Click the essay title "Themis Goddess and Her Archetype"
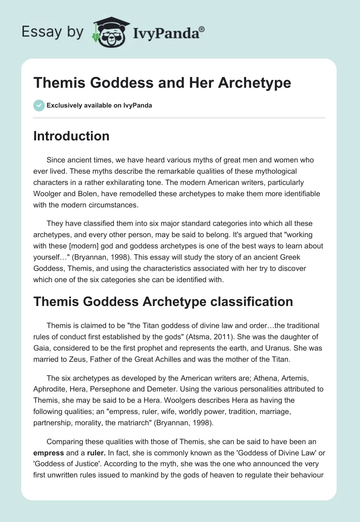pyautogui.click(x=162, y=83)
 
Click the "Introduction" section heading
pyautogui.click(x=71, y=136)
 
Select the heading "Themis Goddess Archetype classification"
pyautogui.click(x=163, y=301)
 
